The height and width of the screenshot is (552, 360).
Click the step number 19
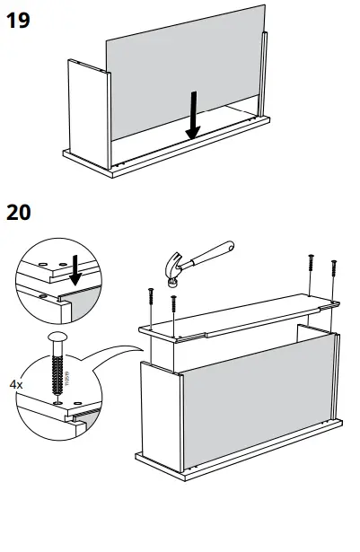point(18,19)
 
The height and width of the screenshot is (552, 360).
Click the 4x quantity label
point(17,383)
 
